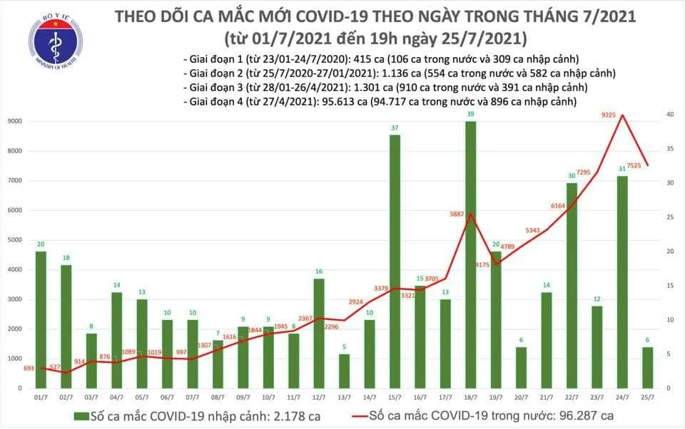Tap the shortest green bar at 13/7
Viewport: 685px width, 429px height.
click(344, 371)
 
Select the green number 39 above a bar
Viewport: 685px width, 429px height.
click(470, 115)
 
